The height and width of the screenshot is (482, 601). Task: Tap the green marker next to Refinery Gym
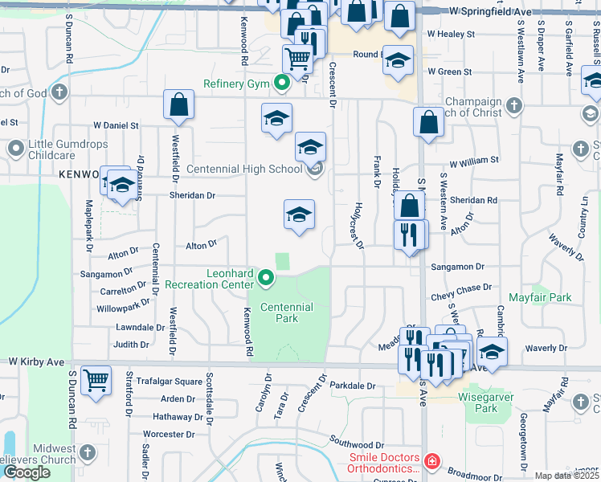[282, 83]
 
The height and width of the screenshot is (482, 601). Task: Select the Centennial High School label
[244, 170]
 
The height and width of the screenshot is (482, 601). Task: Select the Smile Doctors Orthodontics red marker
[431, 461]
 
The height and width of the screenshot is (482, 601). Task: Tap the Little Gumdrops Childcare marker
[16, 149]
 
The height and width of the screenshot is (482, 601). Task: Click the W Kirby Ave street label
[32, 362]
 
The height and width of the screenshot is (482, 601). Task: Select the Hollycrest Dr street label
[357, 225]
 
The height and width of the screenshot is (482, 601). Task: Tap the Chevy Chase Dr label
[461, 288]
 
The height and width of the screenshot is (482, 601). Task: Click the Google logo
[27, 472]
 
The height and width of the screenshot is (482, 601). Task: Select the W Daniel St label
[116, 126]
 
